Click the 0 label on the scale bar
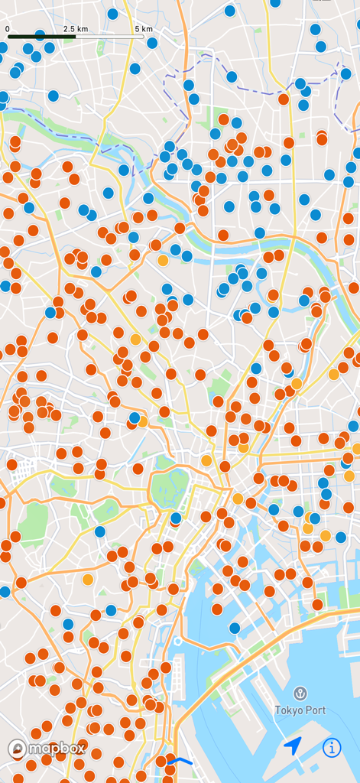point(8,28)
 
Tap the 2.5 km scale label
point(76,28)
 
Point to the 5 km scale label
point(144,28)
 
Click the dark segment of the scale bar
point(41,36)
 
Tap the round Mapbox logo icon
point(18,749)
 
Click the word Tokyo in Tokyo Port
point(290,710)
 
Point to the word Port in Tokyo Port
point(316,710)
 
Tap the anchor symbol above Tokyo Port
point(301,694)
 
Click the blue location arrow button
point(293,746)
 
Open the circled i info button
point(332,747)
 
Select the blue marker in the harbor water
point(235,628)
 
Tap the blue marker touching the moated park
point(176,518)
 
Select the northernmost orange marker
point(284,99)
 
